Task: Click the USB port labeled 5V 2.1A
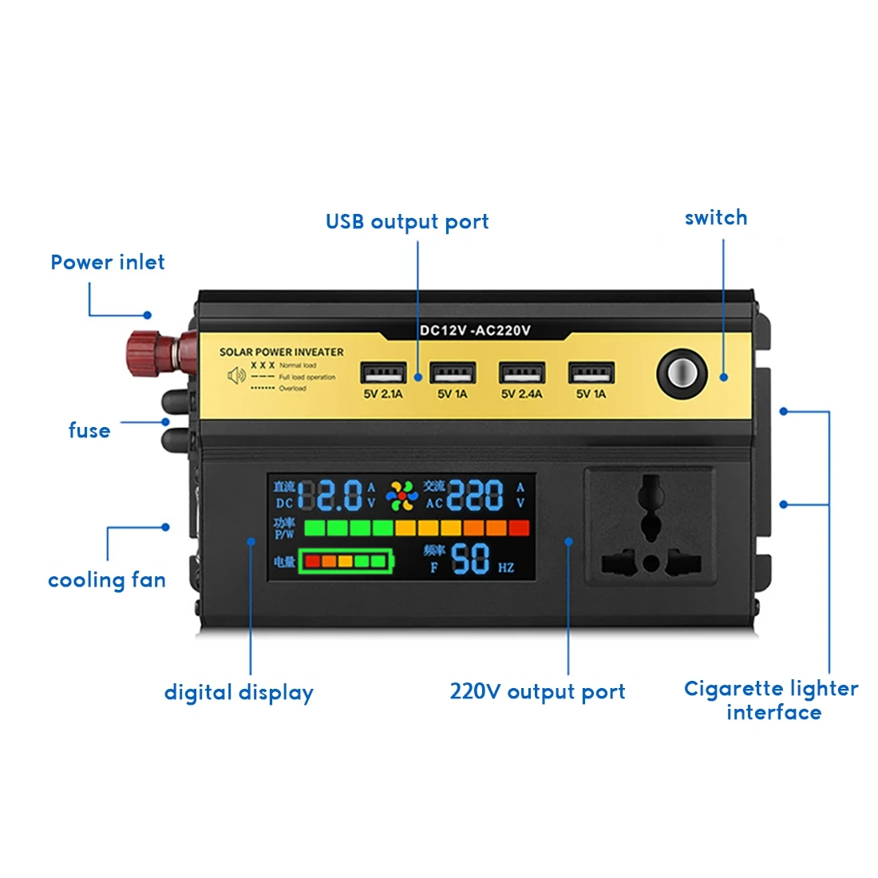(x=383, y=373)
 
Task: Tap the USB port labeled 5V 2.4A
(x=522, y=373)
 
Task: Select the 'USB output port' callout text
(x=407, y=222)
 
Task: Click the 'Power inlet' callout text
(x=108, y=263)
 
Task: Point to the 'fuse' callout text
(x=89, y=431)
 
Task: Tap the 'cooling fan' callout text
(x=107, y=580)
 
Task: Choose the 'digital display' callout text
(x=239, y=693)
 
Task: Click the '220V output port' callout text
(x=537, y=691)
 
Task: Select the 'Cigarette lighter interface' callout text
(x=772, y=700)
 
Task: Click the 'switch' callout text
(x=716, y=218)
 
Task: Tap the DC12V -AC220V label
(x=475, y=330)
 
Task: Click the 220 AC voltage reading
(x=475, y=496)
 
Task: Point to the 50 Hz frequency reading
(x=471, y=559)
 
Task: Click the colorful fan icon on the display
(x=401, y=496)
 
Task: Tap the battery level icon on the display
(x=346, y=561)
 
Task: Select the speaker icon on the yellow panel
(x=236, y=375)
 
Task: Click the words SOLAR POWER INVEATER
(x=281, y=352)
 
